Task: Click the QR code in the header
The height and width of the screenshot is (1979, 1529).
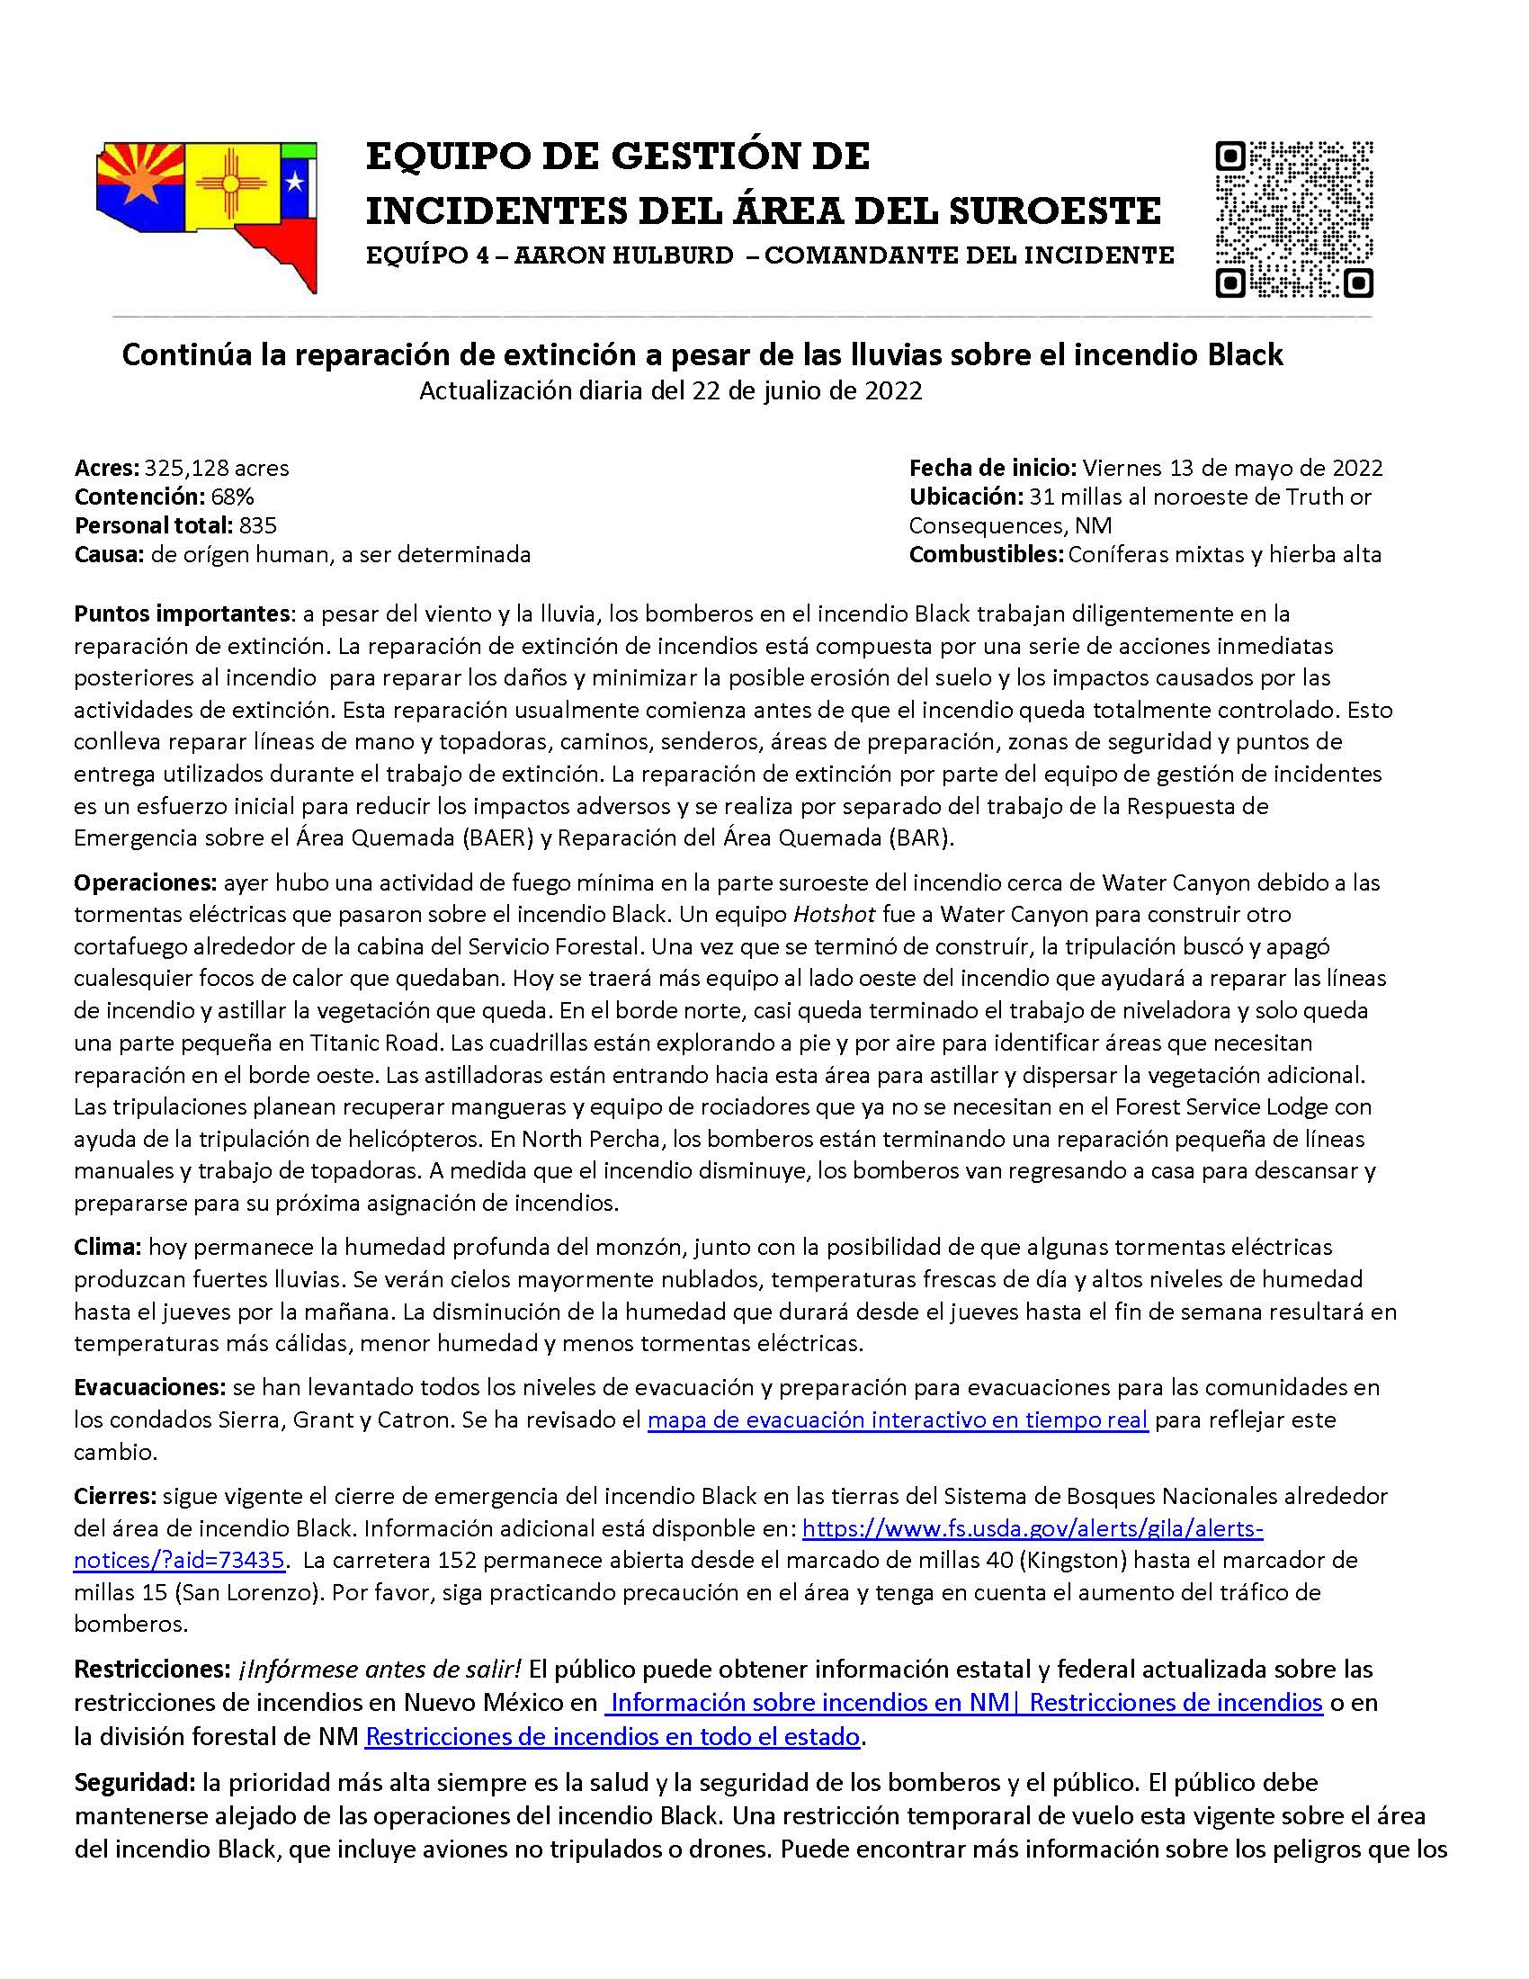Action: pyautogui.click(x=1292, y=219)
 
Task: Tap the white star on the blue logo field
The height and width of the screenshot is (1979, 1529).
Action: pyautogui.click(x=294, y=184)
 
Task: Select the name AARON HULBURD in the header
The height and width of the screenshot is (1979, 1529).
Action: pyautogui.click(x=624, y=255)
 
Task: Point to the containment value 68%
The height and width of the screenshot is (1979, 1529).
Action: pyautogui.click(x=232, y=497)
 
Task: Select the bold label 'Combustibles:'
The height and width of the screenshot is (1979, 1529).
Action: pyautogui.click(x=987, y=554)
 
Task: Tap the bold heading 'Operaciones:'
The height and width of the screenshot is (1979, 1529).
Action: pyautogui.click(x=146, y=882)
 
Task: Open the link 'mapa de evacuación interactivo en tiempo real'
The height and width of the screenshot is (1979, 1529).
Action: pyautogui.click(x=898, y=1419)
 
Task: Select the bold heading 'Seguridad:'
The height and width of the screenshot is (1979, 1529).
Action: pyautogui.click(x=135, y=1782)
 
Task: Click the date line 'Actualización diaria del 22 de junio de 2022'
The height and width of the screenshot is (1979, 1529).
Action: pyautogui.click(x=670, y=391)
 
